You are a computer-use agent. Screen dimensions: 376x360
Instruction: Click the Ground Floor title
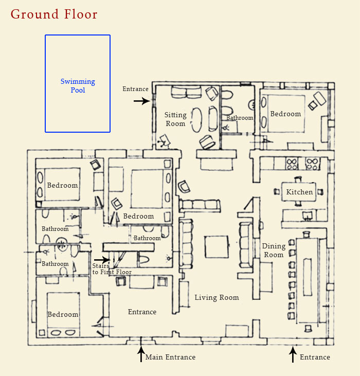coord(54,14)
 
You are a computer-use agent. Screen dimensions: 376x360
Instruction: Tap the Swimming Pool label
coord(78,86)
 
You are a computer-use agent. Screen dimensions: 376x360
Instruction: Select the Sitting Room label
coord(175,119)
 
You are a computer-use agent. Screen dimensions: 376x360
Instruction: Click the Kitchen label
coord(299,192)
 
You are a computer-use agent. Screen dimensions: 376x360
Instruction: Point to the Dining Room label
coord(273,250)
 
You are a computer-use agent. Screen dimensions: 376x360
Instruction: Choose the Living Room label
coord(217,297)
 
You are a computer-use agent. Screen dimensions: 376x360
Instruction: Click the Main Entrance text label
coord(170,357)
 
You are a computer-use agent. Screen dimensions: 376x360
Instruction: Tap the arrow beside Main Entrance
coord(141,354)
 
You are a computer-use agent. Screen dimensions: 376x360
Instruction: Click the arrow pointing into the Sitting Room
coord(141,101)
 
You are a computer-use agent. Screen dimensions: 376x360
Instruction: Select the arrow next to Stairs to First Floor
coord(101,260)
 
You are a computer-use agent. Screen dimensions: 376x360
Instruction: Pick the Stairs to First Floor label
coord(112,269)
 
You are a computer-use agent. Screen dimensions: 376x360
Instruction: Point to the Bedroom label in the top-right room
coord(285,114)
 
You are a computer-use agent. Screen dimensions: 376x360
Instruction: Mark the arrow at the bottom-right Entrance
coord(293,354)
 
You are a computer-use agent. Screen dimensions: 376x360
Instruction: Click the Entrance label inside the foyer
coord(142,312)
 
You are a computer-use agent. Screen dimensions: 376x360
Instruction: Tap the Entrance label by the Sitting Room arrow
coord(135,89)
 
